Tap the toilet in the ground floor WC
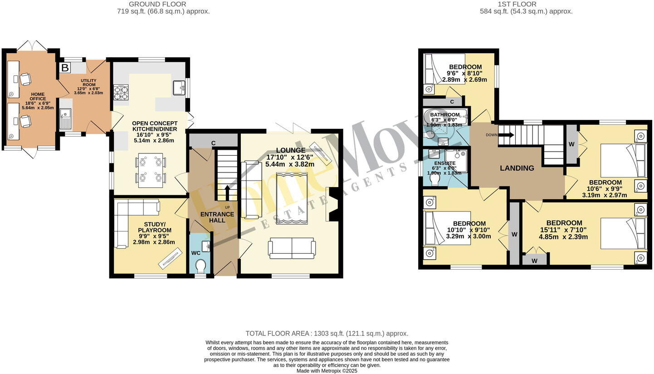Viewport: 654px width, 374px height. click(200, 266)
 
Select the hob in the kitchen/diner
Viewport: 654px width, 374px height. click(121, 92)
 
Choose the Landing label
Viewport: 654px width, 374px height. click(517, 168)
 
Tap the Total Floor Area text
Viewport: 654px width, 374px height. click(327, 333)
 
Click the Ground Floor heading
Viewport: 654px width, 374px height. click(157, 4)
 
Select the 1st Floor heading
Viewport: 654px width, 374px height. click(517, 4)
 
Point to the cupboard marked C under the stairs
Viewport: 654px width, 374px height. click(213, 143)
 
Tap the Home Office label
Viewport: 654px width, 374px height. click(38, 97)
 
